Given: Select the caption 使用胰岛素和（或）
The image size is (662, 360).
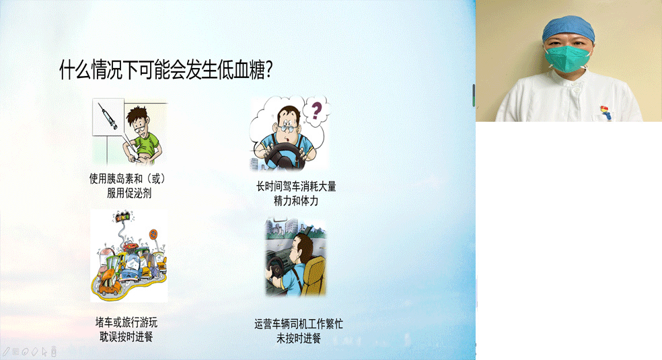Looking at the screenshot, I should click(x=127, y=179).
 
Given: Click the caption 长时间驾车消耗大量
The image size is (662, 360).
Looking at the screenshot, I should click(x=295, y=186).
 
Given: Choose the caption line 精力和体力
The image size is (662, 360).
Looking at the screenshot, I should click(x=295, y=201).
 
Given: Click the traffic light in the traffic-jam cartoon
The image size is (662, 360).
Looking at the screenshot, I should click(x=123, y=218).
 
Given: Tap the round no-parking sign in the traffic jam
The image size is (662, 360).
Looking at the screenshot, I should click(x=153, y=235).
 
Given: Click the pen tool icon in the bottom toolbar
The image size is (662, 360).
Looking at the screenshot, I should click(x=6, y=351).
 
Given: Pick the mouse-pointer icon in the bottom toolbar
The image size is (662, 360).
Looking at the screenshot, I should click(x=44, y=351).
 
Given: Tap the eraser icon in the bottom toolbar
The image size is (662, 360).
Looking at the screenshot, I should click(x=34, y=351).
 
